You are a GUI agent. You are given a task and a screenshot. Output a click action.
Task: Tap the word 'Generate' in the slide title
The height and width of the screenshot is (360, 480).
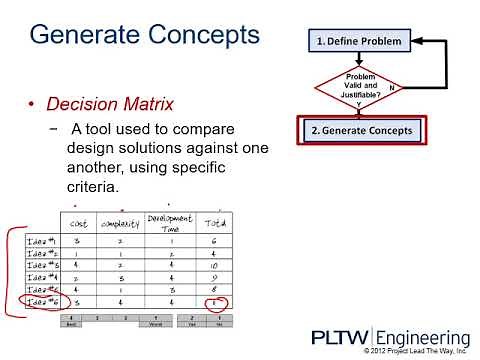click(x=89, y=37)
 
